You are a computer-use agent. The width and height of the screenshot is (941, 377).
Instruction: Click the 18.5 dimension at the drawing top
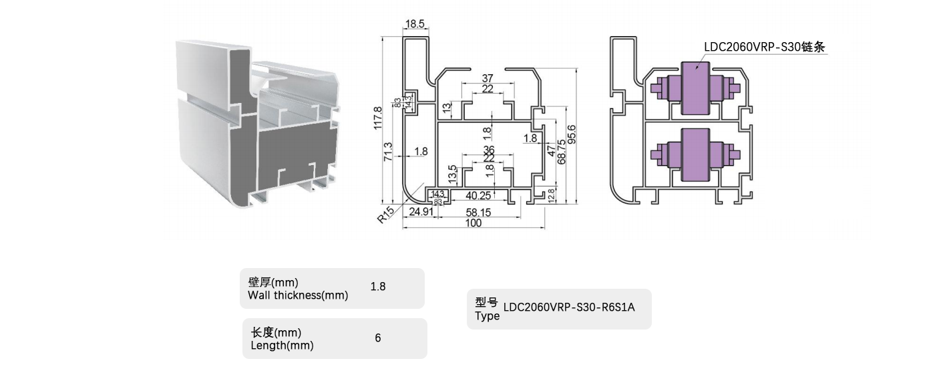[x=415, y=24]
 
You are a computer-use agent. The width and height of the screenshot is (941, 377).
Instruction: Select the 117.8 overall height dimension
[x=378, y=118]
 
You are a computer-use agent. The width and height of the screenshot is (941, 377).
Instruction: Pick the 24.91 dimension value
[x=421, y=212]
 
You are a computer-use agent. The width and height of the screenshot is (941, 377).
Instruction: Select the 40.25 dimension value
[x=478, y=196]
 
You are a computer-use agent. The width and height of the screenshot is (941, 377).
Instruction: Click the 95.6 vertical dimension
[x=572, y=134]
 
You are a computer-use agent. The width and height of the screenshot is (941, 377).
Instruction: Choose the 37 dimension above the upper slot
[x=488, y=79]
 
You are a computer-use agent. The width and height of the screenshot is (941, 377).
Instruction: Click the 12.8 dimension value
[x=552, y=195]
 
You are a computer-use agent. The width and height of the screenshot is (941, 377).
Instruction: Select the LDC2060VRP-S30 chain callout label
[x=765, y=47]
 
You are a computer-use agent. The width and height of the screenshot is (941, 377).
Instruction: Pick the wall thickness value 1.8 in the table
[x=378, y=287]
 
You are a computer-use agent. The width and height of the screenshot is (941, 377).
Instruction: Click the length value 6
[x=378, y=338]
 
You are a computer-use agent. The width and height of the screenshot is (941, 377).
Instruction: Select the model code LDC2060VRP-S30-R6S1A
[x=569, y=307]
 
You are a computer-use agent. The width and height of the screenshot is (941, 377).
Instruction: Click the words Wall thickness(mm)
[x=298, y=295]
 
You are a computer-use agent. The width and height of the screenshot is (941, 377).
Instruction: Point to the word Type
[x=487, y=316]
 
